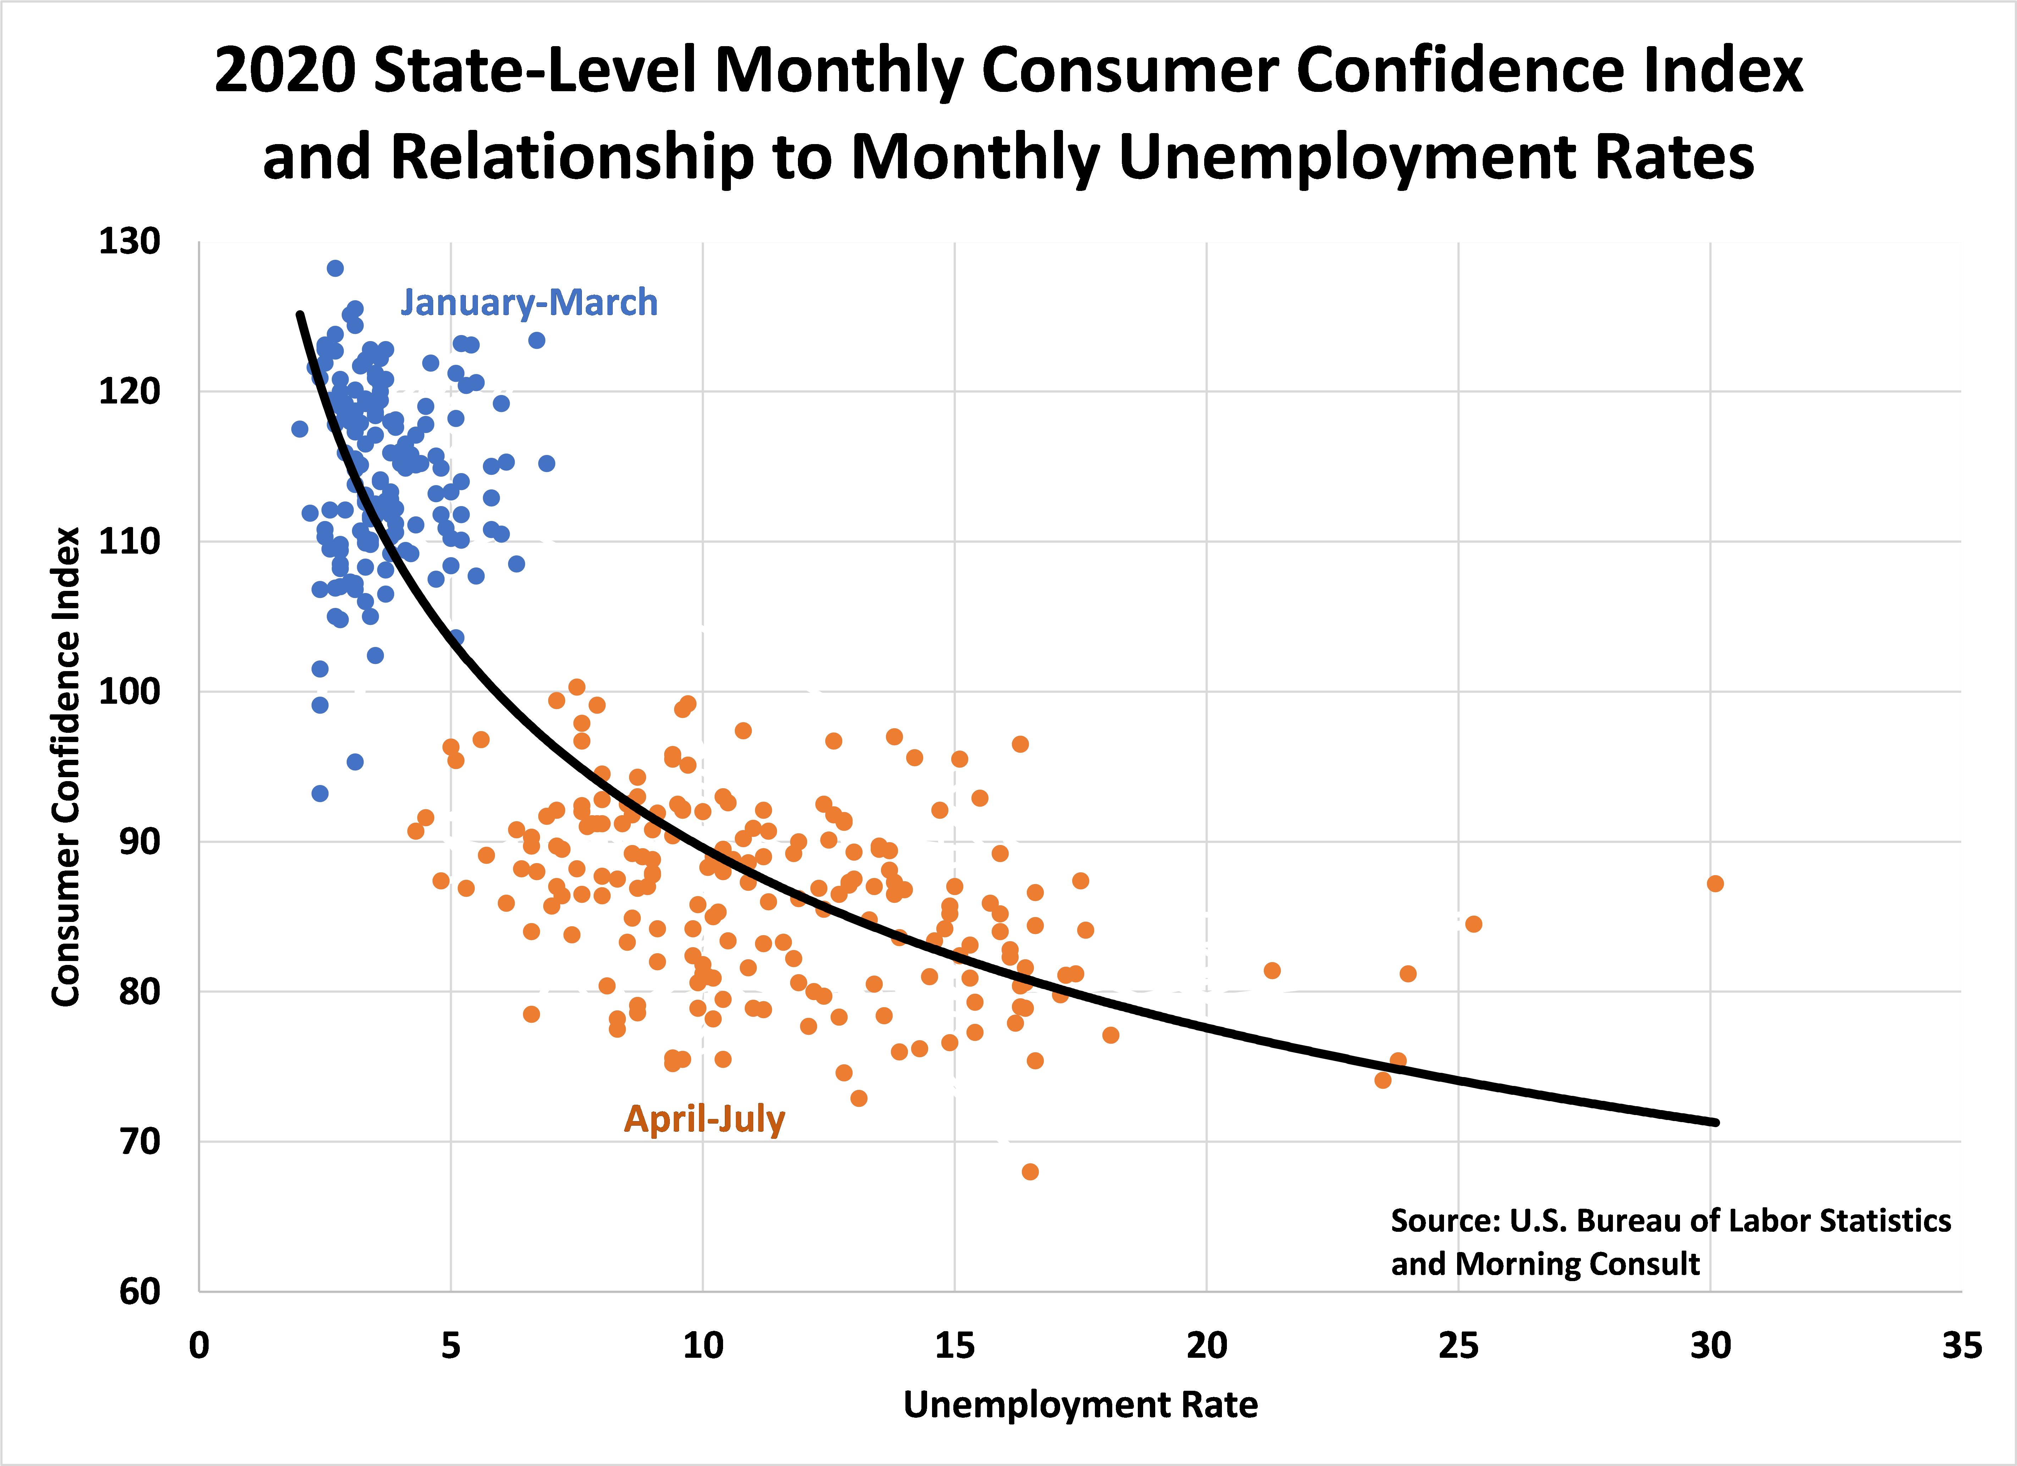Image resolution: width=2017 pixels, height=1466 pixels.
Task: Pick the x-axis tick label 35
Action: click(1961, 1346)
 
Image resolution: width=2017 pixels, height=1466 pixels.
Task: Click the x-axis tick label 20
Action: click(1206, 1346)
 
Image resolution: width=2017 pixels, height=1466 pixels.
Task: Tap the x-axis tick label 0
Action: click(199, 1346)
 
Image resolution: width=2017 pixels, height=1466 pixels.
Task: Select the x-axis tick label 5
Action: click(451, 1346)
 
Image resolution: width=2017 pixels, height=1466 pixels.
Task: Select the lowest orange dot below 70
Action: click(1030, 1171)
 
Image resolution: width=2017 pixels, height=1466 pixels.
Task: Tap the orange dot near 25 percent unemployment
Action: click(1473, 924)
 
